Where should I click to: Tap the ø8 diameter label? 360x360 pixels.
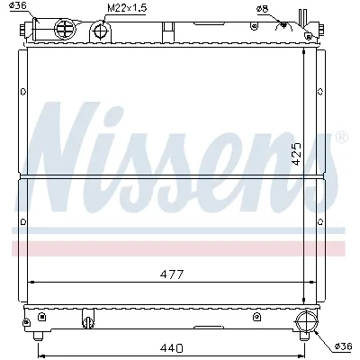263,9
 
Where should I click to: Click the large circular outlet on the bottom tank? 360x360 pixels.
307,320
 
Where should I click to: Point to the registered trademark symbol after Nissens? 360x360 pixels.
341,137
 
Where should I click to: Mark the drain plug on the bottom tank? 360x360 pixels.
87,319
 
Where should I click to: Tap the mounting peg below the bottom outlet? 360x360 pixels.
307,337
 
